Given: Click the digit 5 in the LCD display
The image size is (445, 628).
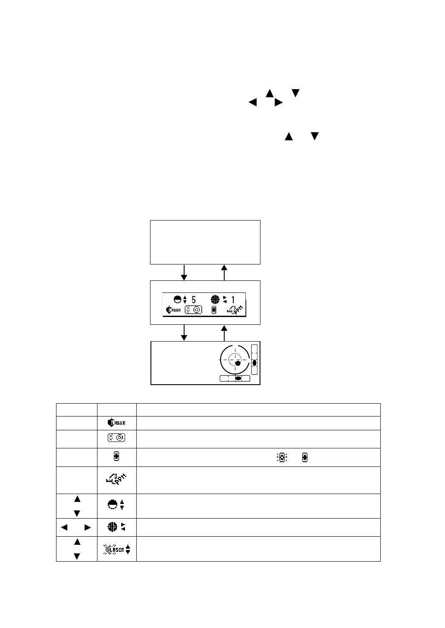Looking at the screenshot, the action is coord(194,299).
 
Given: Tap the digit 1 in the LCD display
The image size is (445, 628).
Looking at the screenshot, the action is coord(233,299).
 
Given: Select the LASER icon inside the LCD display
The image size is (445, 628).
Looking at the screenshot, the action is coord(174,310).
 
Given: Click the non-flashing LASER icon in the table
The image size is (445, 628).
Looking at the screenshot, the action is coord(116,423).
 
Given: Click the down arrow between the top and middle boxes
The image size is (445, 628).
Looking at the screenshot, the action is coord(185,273).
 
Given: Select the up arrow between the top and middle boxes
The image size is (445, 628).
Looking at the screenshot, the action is coord(224,272).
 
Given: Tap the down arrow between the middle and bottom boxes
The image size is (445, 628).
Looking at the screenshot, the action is coord(185,333).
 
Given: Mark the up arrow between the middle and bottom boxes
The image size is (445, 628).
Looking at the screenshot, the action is coord(224,333).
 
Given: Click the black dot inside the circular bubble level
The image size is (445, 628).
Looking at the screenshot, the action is coord(238,364).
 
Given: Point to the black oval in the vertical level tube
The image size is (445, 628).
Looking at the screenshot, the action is coord(254,363).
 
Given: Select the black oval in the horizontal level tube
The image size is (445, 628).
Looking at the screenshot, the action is coord(238,379).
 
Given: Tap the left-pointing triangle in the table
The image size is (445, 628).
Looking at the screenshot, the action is coord(64,527).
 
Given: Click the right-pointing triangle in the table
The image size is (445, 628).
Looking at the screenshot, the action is coord(88,527).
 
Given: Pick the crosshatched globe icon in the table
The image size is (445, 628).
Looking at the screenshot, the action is coord(112,527).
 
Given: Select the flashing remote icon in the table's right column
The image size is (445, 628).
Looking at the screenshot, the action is coord(282,457).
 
